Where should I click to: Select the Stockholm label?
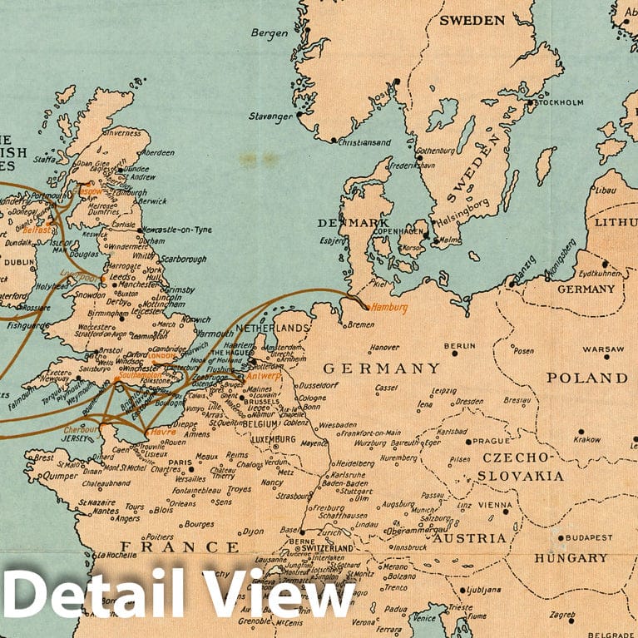point(559,102)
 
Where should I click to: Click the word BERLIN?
point(459,345)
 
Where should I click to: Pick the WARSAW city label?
point(603,349)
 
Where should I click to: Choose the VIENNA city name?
point(496,505)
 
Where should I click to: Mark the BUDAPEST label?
point(587,537)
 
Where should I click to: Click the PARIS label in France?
point(181,462)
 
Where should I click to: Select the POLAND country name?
point(586,378)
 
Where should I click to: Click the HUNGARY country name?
point(571,557)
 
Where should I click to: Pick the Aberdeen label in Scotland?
point(157,153)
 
